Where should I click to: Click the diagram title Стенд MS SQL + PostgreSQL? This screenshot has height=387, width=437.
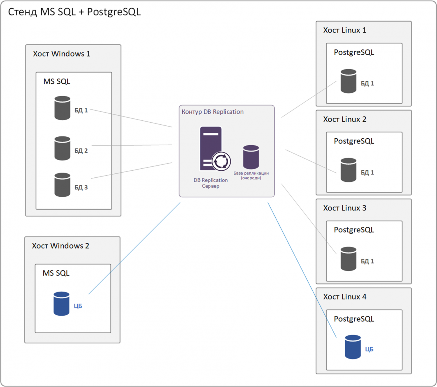74,12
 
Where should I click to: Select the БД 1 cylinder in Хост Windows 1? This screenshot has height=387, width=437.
62,108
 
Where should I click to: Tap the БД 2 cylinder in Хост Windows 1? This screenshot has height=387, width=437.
62,148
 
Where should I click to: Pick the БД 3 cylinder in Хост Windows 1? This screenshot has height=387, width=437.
62,185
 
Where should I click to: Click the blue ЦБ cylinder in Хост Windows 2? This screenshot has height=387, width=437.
61,304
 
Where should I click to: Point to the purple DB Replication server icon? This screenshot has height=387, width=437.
210,147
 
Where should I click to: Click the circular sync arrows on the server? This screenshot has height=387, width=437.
221,161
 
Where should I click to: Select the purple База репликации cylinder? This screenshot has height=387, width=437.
251,157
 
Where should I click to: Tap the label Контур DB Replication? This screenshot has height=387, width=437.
213,112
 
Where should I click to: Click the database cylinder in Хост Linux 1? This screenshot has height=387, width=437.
348,81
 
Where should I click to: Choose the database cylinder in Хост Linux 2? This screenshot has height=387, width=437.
348,170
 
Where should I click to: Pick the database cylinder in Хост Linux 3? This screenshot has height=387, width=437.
348,259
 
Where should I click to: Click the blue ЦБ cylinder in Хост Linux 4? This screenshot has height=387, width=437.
353,347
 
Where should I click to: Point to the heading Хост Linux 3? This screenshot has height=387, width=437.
345,208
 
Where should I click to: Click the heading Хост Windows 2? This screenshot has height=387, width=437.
61,246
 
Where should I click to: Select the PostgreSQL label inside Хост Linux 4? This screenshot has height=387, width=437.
354,319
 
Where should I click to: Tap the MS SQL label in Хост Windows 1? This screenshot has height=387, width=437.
57,81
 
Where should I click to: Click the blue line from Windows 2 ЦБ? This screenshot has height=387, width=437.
134,248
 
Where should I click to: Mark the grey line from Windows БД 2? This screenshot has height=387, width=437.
132,145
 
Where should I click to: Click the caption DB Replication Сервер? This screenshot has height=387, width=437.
211,183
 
